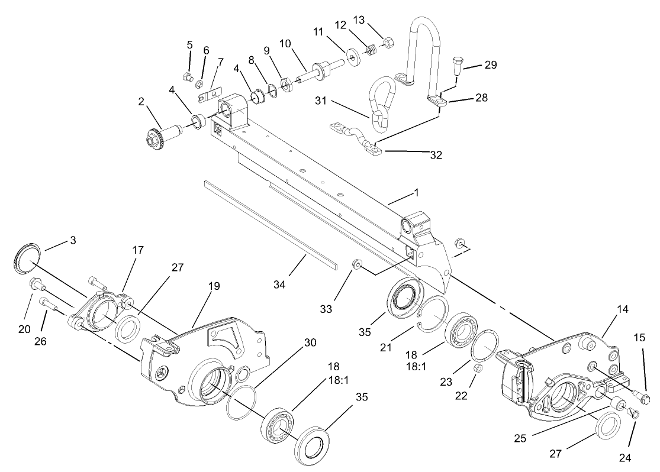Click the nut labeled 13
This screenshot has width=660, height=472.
[389, 42]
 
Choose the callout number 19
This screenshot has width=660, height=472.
[214, 286]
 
